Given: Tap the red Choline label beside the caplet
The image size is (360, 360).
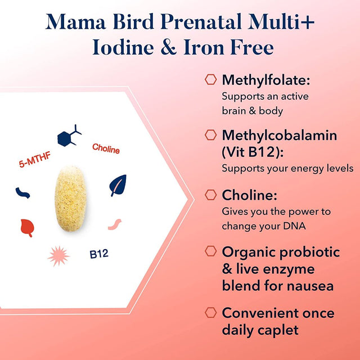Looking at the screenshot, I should point(106,149).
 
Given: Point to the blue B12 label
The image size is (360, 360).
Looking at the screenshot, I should point(99,254).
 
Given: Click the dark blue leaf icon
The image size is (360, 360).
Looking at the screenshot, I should point(118,185).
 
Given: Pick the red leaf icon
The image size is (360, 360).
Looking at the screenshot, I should point(26,226).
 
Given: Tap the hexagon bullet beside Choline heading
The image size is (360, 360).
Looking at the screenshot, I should point(211,195).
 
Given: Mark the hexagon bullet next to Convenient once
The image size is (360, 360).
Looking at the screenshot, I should point(211,313).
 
